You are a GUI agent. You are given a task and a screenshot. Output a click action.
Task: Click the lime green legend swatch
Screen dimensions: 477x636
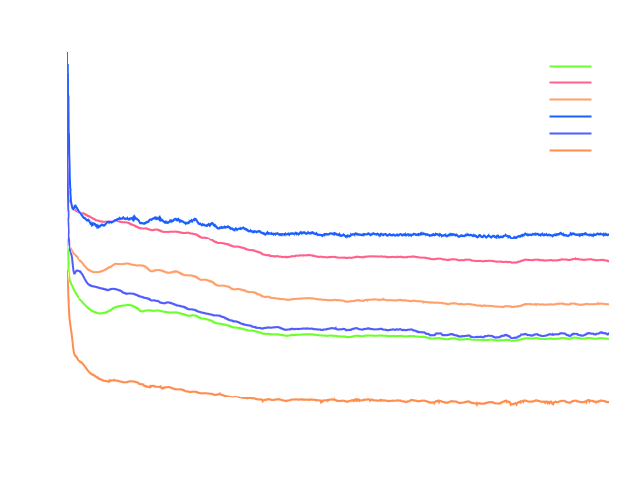click(x=569, y=66)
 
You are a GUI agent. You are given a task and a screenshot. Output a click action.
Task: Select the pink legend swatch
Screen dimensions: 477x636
click(x=569, y=82)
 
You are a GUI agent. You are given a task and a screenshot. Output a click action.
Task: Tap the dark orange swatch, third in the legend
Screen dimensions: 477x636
click(x=569, y=99)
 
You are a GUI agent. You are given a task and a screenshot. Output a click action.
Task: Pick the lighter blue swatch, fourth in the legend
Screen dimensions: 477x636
click(x=569, y=116)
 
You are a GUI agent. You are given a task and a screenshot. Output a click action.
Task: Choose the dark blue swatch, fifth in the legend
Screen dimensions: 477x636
click(x=569, y=133)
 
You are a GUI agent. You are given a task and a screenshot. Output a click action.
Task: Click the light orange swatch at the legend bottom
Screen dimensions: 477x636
click(x=569, y=150)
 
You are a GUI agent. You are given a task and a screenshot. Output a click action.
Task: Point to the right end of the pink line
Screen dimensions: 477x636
click(x=608, y=260)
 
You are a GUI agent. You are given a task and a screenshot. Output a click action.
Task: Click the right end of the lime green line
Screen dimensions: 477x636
click(x=608, y=338)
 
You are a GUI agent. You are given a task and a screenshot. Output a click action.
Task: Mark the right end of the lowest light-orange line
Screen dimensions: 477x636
click(x=608, y=401)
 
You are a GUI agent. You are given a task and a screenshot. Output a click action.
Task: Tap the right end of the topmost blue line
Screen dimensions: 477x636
click(x=608, y=234)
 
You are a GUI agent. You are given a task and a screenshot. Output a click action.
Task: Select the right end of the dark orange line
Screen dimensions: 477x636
click(x=608, y=304)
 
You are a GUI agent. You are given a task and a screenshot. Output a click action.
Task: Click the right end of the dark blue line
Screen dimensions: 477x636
click(x=608, y=333)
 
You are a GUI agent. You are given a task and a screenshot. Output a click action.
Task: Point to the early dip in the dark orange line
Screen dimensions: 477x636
click(x=95, y=272)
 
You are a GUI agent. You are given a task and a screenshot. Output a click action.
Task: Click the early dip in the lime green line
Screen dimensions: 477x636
click(x=98, y=314)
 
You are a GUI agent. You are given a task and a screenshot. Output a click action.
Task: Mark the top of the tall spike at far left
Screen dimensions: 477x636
click(x=67, y=52)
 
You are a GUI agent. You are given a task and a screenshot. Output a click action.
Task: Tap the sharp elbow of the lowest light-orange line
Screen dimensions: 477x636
click(x=75, y=353)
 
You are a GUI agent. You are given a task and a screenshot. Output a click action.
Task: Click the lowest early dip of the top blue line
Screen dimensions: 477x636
click(x=97, y=226)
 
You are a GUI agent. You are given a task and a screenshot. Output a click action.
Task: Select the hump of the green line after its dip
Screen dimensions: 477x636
click(x=126, y=305)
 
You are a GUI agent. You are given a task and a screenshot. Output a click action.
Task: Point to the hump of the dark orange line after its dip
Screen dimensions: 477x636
click(x=122, y=263)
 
